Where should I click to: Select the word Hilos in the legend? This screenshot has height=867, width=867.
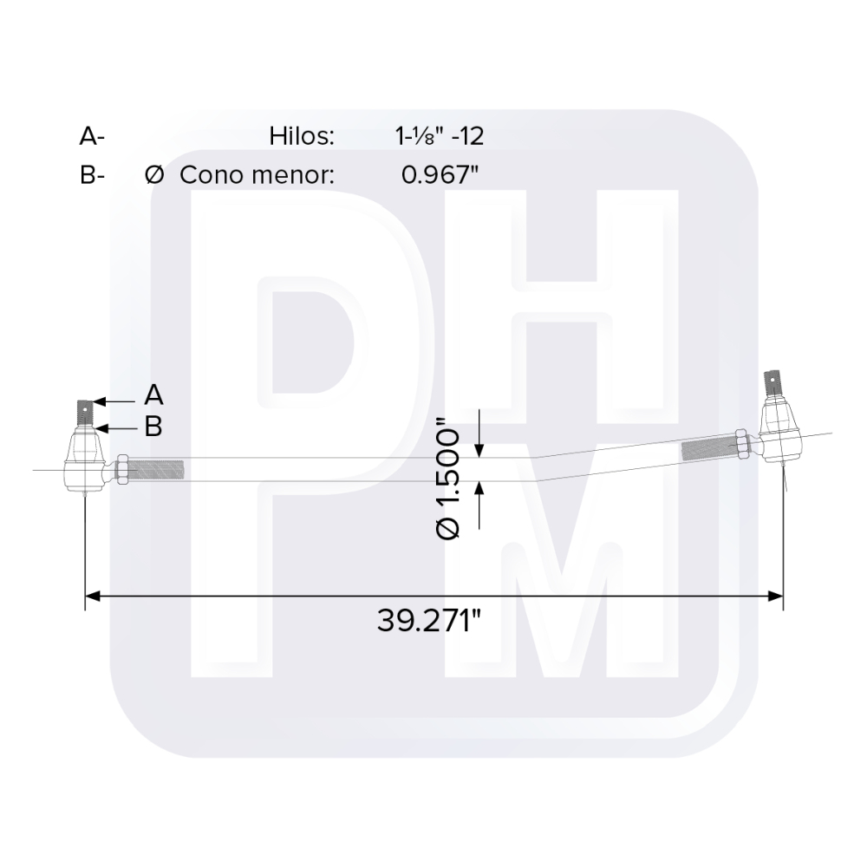(x=302, y=136)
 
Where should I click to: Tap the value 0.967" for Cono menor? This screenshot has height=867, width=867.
(x=440, y=174)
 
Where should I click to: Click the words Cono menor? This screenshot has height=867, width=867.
(x=257, y=174)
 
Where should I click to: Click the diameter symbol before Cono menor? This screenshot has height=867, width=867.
(x=154, y=174)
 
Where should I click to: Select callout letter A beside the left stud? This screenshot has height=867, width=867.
(x=153, y=395)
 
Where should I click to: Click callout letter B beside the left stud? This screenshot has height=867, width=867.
(x=153, y=427)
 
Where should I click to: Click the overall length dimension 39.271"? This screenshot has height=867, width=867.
(x=429, y=621)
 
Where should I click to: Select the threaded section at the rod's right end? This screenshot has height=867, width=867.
(x=707, y=449)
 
